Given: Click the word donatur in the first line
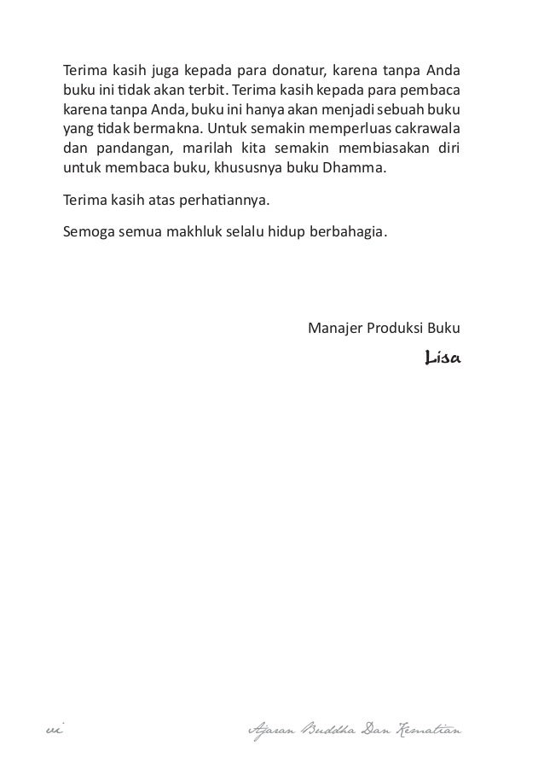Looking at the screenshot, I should [x=295, y=68].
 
